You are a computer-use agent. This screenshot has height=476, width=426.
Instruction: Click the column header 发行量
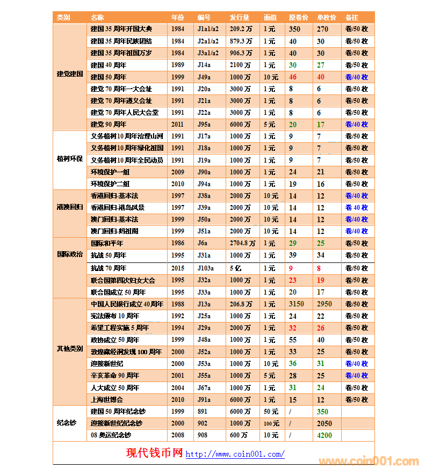[240, 18]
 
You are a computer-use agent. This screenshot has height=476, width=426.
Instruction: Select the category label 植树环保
[70, 160]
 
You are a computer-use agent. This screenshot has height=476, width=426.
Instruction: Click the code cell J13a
[204, 304]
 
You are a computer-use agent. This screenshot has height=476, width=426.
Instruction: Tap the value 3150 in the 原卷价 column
[296, 304]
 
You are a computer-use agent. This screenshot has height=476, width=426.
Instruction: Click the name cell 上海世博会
[107, 400]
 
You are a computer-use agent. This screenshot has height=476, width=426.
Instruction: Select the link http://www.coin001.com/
[235, 455]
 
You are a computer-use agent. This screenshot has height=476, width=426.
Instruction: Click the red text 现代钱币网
[155, 453]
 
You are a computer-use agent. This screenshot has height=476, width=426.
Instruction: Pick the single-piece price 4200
[324, 435]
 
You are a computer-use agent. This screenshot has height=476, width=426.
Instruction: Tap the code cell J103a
[206, 268]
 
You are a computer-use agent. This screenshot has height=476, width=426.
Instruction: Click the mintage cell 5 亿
[236, 268]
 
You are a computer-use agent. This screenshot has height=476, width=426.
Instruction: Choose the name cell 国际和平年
[107, 244]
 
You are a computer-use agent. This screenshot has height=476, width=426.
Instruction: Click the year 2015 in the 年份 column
[178, 268]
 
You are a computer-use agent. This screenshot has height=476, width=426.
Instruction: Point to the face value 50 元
[271, 412]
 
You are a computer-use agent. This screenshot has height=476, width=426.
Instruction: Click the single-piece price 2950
[324, 304]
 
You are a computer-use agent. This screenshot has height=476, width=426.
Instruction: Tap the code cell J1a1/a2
[208, 30]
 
